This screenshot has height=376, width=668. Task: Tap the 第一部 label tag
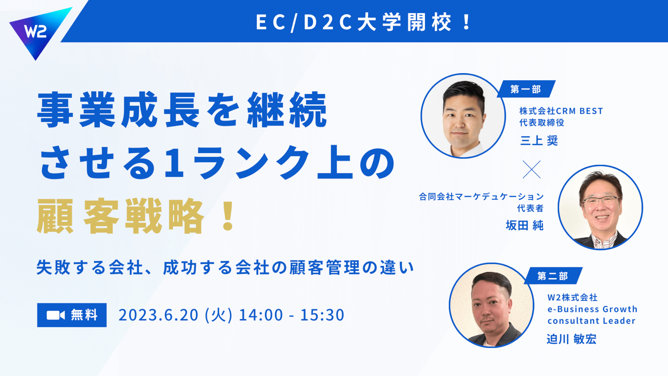[526, 89]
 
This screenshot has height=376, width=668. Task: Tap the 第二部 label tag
[553, 276]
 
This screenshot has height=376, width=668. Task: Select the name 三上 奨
[539, 141]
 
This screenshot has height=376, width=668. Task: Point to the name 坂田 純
[524, 225]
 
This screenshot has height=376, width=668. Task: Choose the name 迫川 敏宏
[571, 339]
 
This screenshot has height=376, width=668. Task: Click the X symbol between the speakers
[532, 169]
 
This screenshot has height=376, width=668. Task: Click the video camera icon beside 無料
[55, 315]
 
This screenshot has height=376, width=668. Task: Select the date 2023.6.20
[159, 315]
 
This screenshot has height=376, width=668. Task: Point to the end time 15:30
[322, 315]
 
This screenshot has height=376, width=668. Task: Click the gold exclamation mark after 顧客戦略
[228, 216]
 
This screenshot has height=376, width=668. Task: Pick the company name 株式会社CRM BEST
[561, 111]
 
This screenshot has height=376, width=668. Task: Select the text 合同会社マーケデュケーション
[481, 196]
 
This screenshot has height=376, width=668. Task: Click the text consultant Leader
[591, 321]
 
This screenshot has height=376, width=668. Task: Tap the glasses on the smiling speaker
[601, 200]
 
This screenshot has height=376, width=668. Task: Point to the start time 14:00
[261, 315]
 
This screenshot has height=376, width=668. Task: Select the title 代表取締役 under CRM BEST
[542, 123]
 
